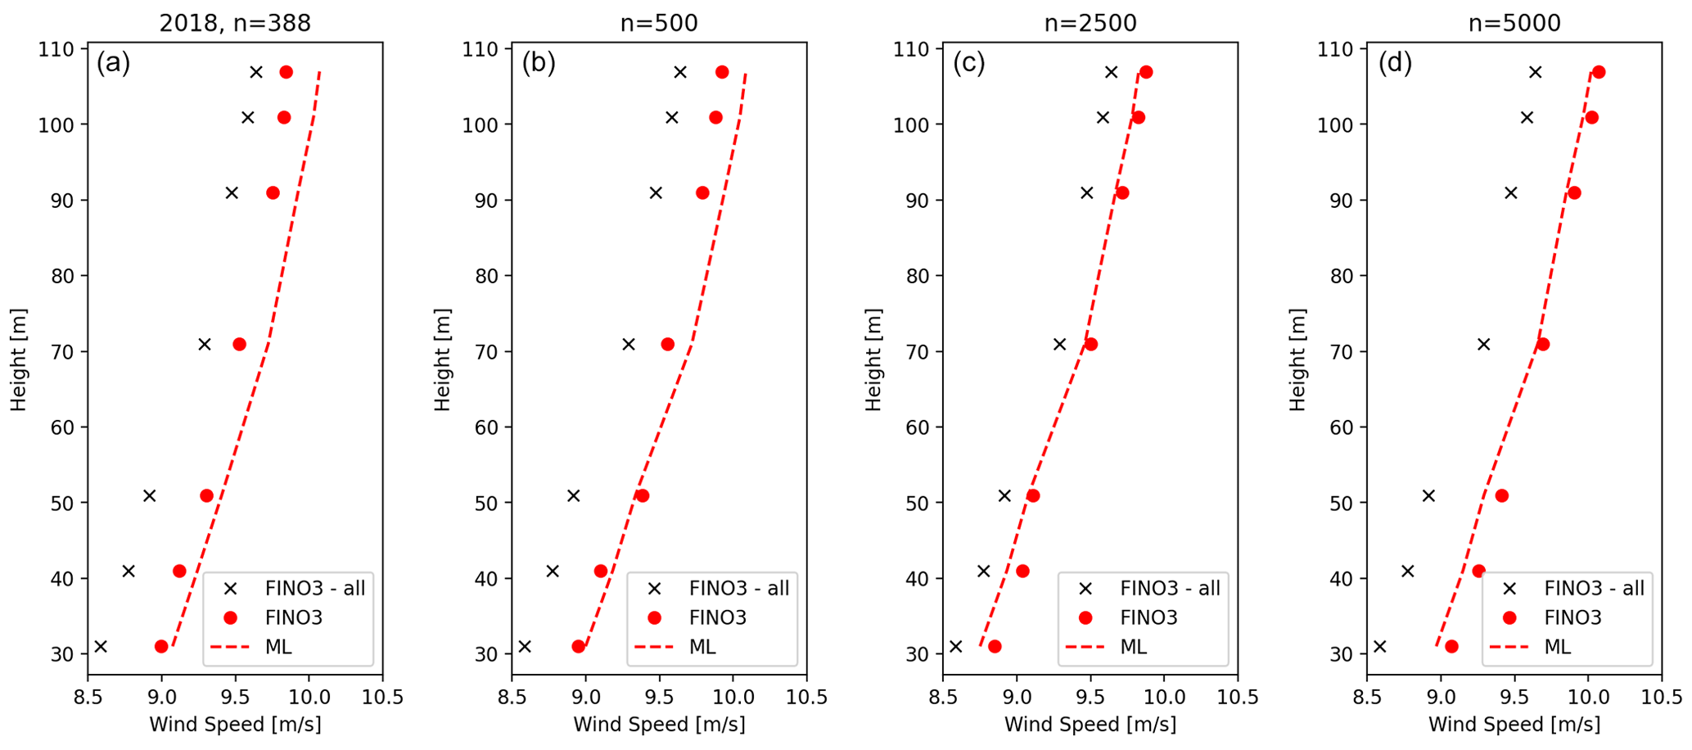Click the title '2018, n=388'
[x=235, y=23]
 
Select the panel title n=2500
[x=1090, y=23]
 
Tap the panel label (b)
[x=539, y=63]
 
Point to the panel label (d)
[x=1395, y=63]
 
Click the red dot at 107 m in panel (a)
[x=286, y=72]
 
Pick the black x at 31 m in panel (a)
[x=101, y=647]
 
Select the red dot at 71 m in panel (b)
[x=668, y=345]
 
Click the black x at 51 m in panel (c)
[x=1004, y=496]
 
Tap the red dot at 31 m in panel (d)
[x=1451, y=647]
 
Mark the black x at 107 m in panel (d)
[x=1536, y=72]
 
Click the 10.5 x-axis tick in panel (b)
[x=806, y=697]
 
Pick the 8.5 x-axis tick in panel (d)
[x=1366, y=697]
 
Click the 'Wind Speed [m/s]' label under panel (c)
[x=1090, y=725]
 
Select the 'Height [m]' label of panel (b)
[x=443, y=360]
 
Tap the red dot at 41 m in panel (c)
[x=1022, y=572]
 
